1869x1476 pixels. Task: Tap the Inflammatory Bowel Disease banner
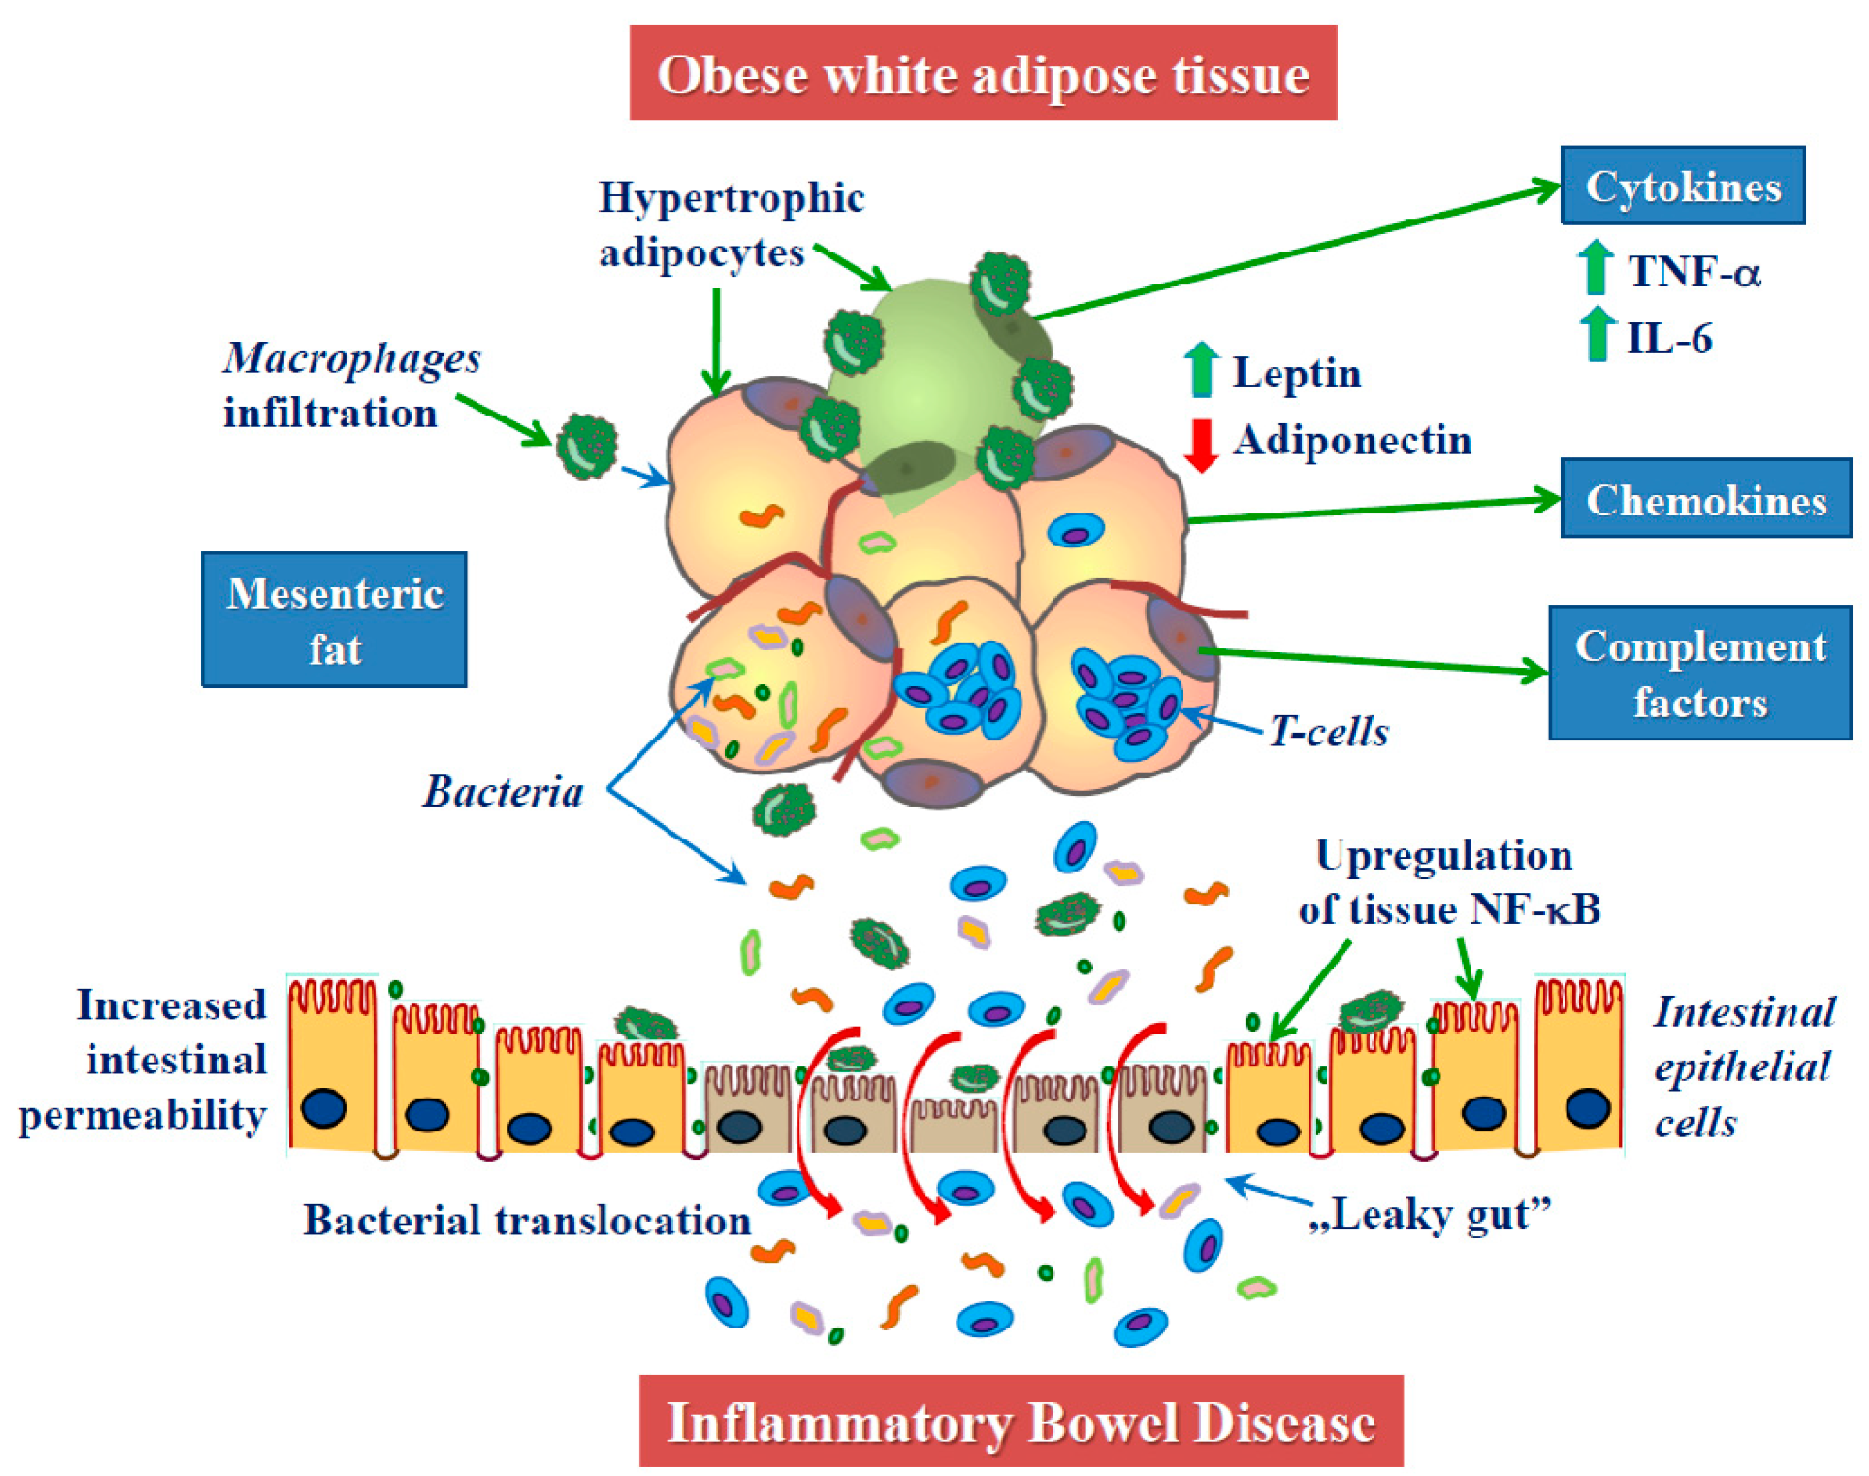(1021, 1421)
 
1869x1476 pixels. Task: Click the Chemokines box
(1706, 499)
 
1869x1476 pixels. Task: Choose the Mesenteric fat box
(335, 620)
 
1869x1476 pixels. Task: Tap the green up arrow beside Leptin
(1201, 370)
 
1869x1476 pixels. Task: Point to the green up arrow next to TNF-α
(1596, 267)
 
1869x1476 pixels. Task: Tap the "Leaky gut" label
(1430, 1214)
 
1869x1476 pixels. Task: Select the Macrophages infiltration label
(350, 385)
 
